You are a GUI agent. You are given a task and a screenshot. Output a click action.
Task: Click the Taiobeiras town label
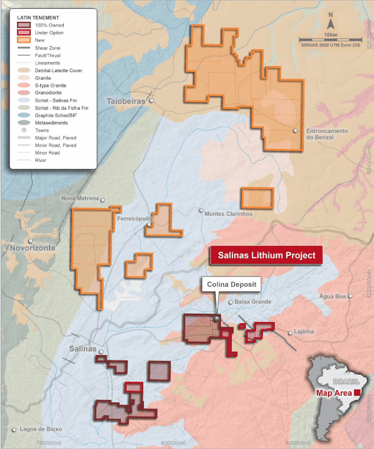coord(126,102)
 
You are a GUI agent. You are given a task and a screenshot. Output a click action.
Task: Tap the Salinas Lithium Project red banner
coord(267,256)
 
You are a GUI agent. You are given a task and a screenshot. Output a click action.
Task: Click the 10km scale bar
coord(330,37)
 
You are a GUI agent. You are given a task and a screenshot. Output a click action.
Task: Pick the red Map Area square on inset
coord(357,392)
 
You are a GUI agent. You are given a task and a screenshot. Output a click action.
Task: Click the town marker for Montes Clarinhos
coord(201,211)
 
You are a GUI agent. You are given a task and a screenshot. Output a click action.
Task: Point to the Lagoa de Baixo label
coord(41,430)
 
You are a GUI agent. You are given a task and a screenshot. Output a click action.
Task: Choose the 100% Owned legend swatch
coord(24,25)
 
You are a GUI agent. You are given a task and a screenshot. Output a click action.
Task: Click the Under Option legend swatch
coord(24,33)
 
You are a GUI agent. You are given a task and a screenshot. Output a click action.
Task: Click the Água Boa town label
coord(330,296)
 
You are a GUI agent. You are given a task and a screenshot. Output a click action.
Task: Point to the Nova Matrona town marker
coord(103,200)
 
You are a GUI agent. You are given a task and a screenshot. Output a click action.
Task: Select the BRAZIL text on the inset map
coord(343,382)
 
